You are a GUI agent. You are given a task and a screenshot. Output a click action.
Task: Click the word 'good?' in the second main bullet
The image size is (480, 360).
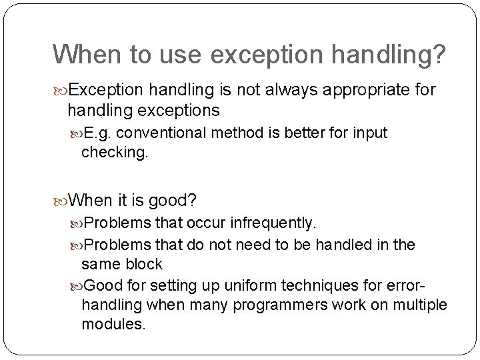pyautogui.click(x=175, y=199)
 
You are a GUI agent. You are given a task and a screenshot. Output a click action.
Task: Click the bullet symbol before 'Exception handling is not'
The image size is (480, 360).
pyautogui.click(x=61, y=89)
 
